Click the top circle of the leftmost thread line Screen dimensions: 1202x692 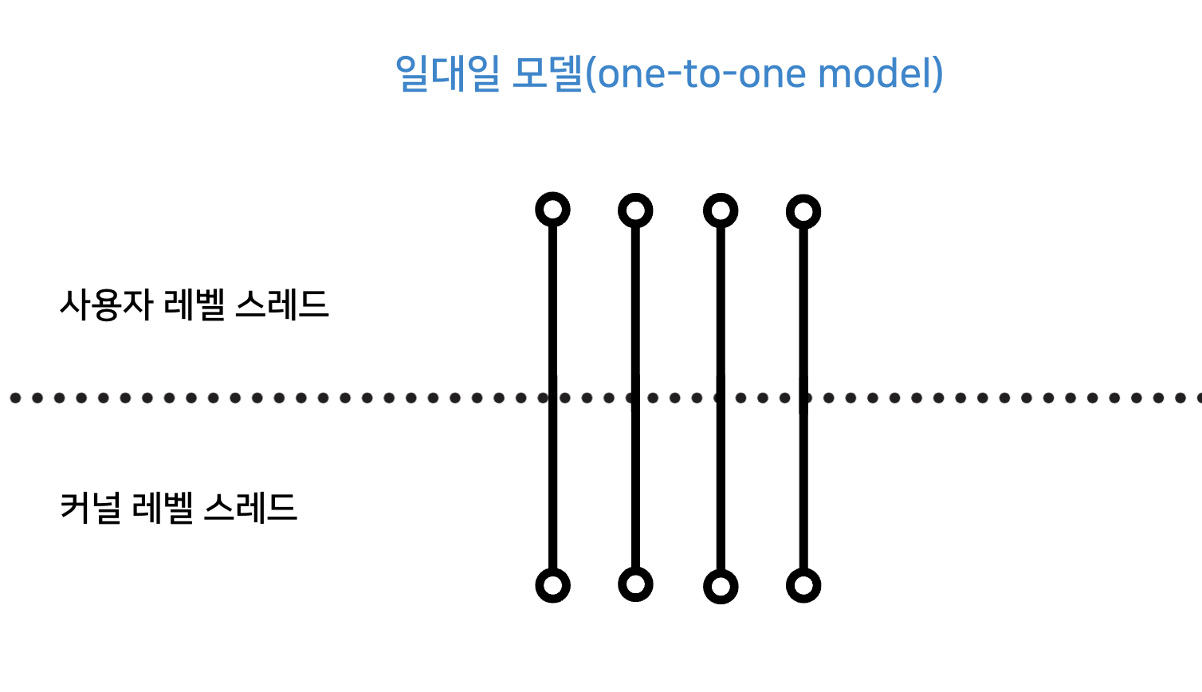[552, 210]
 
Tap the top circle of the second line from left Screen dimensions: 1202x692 [635, 210]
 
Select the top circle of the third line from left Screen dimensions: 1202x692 [721, 210]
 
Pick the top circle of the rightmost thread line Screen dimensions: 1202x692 [803, 211]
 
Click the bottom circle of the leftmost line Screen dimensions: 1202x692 [552, 585]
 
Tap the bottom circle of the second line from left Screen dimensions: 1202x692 [635, 584]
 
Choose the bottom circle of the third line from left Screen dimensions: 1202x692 [721, 587]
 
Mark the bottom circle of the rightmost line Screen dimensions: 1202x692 [803, 586]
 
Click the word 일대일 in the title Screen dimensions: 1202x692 [448, 73]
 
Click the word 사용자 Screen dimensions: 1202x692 [106, 305]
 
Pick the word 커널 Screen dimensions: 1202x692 [91, 507]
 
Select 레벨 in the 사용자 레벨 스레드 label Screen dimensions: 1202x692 [194, 305]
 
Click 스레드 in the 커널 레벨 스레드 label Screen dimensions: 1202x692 [250, 507]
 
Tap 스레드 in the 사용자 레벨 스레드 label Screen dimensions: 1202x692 [282, 305]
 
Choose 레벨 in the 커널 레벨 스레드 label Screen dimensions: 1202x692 [163, 507]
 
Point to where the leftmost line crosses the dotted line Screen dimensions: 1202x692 [552, 397]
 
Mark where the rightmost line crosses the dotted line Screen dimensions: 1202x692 [803, 397]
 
